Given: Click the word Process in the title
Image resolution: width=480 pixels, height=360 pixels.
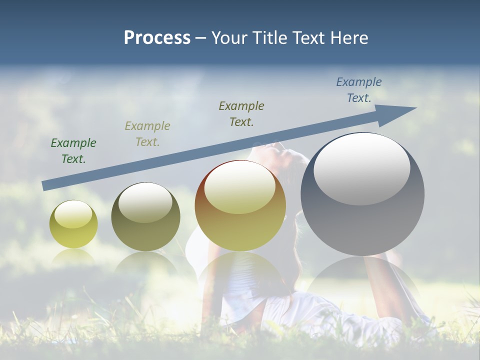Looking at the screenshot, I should click(157, 38).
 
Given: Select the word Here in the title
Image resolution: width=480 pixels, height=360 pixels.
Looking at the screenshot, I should click(348, 38).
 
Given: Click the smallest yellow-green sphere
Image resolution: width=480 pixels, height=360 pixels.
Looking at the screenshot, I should click(73, 224).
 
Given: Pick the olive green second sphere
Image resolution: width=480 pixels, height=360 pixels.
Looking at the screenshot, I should click(145, 217).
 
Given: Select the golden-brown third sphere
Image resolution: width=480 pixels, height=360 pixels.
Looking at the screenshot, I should click(240, 206).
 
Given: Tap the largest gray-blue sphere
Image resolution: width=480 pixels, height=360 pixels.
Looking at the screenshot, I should click(362, 194).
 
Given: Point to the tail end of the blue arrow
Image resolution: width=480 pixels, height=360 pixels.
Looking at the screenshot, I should click(45, 185).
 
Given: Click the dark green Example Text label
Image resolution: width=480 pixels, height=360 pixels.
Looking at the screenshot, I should click(73, 151).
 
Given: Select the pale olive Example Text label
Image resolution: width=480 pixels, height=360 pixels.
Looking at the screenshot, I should click(147, 134).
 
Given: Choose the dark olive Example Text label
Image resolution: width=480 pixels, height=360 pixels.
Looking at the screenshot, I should click(241, 114).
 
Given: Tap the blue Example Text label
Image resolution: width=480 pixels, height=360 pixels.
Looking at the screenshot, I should click(359, 90).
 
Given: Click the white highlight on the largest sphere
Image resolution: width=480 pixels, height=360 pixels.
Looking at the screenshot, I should click(361, 169).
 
